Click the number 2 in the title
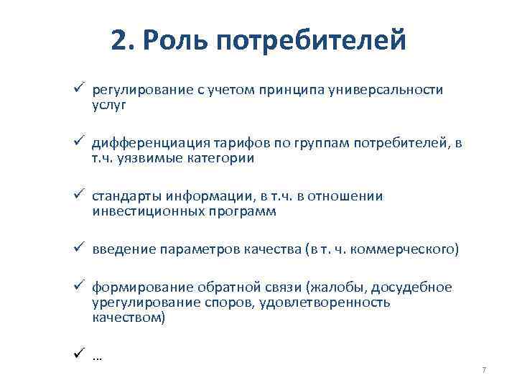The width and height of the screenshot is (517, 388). click(x=120, y=40)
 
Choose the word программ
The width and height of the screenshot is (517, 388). click(x=241, y=211)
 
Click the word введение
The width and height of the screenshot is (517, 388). click(x=118, y=249)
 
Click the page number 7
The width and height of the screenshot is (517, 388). click(x=484, y=369)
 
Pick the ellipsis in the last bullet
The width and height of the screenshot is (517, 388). click(x=98, y=356)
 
